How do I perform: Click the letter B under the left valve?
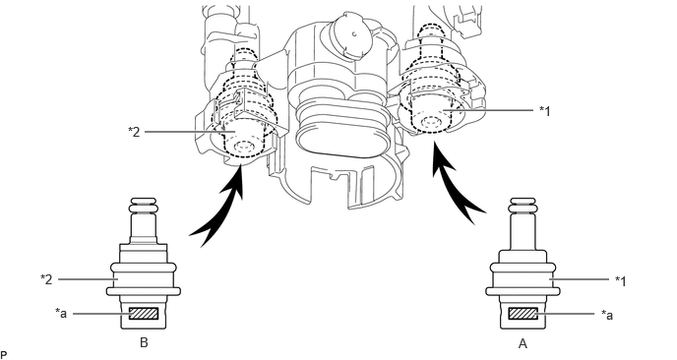pos(145,342)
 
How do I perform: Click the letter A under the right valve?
pos(523,343)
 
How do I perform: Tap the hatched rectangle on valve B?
pos(144,314)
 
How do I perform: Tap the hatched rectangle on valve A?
pos(523,314)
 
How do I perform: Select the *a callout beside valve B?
pos(61,313)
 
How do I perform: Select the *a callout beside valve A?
pos(607,315)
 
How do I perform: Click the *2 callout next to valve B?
pos(46,279)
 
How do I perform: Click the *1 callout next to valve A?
pos(621,281)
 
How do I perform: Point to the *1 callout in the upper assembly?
pos(545,111)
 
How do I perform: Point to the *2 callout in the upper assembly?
pos(134,132)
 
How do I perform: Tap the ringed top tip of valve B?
pos(144,206)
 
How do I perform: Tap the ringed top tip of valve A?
pos(523,206)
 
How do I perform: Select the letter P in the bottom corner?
pos(4,355)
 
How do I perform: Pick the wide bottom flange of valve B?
pos(144,291)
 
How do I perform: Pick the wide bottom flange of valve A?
pos(523,291)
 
